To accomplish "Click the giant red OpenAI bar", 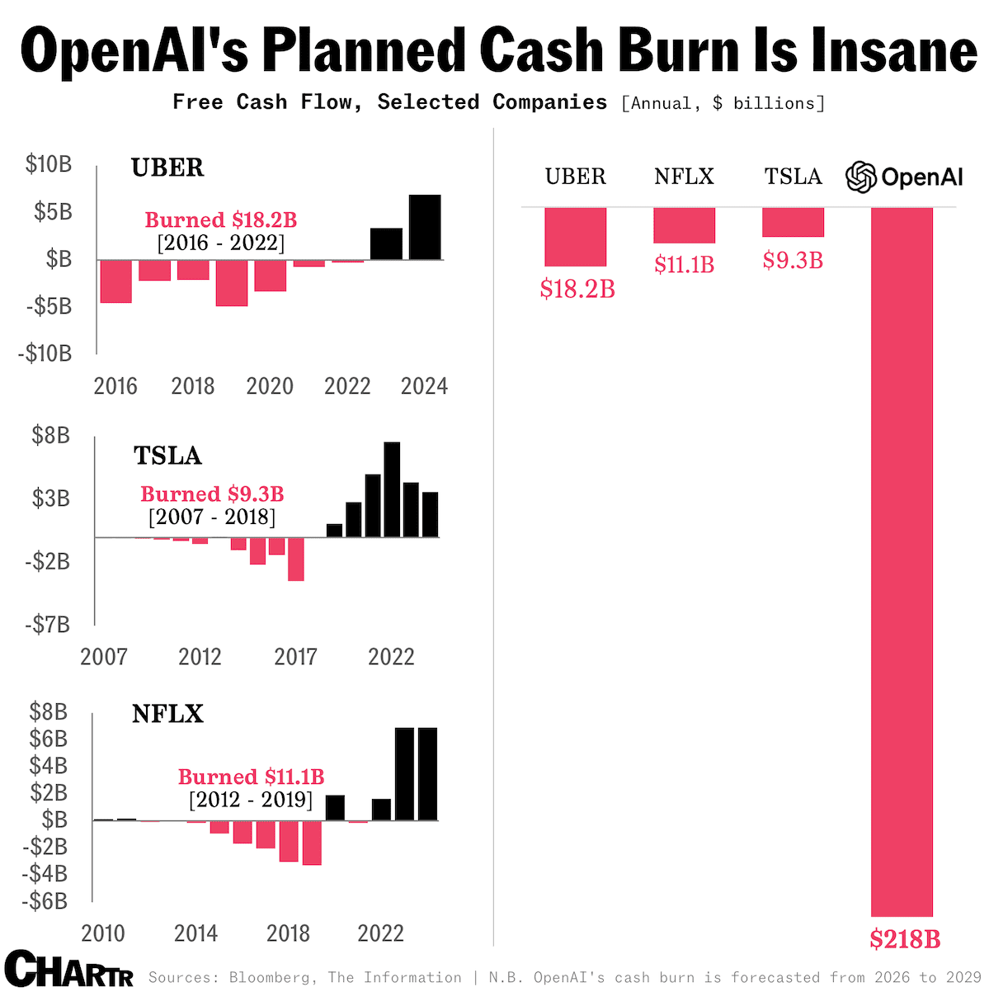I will pyautogui.click(x=902, y=561).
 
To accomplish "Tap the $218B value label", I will pyautogui.click(x=905, y=938).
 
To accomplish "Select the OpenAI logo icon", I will pyautogui.click(x=861, y=177).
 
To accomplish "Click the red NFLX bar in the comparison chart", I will pyautogui.click(x=684, y=225).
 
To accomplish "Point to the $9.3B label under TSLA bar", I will pyautogui.click(x=793, y=261).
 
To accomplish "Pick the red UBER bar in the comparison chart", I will pyautogui.click(x=575, y=236).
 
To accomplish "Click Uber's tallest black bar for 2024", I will pyautogui.click(x=425, y=227).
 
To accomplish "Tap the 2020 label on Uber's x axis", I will pyautogui.click(x=270, y=386).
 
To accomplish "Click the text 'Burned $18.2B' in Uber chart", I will pyautogui.click(x=220, y=220).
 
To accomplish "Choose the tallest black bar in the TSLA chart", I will pyautogui.click(x=392, y=489).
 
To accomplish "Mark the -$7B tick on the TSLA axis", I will pyautogui.click(x=47, y=625).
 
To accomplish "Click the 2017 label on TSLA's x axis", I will pyautogui.click(x=295, y=657).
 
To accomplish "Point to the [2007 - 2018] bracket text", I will pyautogui.click(x=212, y=517).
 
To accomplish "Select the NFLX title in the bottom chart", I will pyautogui.click(x=167, y=714).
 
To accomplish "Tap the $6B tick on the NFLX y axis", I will pyautogui.click(x=48, y=739).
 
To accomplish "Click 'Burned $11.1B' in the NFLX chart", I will pyautogui.click(x=251, y=777).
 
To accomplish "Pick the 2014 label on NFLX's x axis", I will pyautogui.click(x=195, y=933).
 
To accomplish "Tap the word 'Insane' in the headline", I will pyautogui.click(x=893, y=51).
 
